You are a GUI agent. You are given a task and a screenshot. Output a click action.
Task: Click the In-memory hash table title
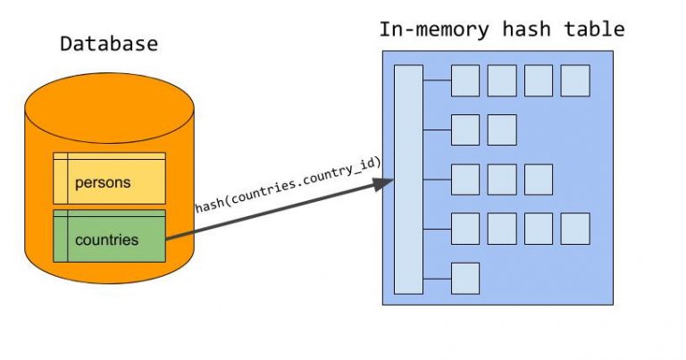tap(501, 29)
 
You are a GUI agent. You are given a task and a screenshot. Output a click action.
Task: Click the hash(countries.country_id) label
tap(289, 185)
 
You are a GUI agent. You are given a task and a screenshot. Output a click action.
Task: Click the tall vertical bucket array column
tap(408, 180)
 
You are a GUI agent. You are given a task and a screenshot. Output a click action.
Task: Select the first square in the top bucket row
tap(464, 80)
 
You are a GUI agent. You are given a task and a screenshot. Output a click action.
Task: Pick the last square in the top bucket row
tap(574, 80)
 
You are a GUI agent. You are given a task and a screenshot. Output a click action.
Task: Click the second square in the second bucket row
tap(502, 130)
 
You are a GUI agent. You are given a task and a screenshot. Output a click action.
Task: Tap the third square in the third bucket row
tap(539, 179)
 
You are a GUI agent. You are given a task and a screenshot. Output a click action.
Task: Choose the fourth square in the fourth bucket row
tap(574, 228)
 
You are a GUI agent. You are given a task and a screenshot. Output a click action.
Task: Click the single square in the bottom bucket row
tap(464, 277)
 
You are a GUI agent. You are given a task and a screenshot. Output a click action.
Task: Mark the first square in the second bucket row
tap(464, 130)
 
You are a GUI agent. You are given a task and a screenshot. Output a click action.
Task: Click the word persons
tap(103, 183)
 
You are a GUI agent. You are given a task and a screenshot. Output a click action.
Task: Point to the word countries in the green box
tap(106, 240)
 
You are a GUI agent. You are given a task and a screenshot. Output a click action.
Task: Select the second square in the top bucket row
tap(502, 80)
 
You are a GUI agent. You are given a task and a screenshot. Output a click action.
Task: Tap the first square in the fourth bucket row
tap(464, 228)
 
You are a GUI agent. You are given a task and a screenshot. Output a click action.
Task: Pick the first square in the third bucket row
tap(464, 179)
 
